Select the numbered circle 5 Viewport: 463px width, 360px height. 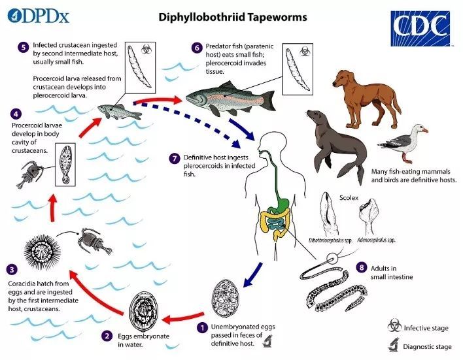click(x=24, y=46)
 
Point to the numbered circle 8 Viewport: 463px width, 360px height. click(x=360, y=268)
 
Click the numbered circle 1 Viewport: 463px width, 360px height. click(x=203, y=326)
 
